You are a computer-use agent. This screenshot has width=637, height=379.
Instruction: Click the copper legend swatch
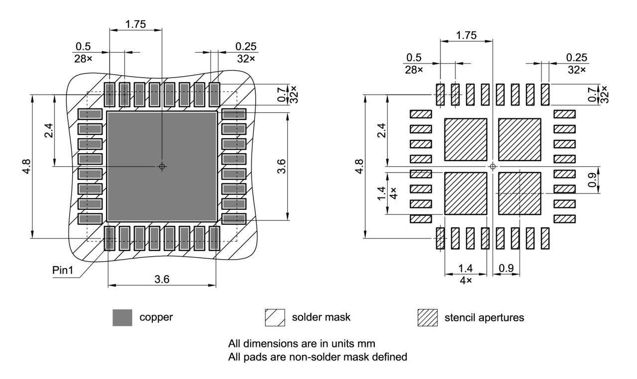coord(122,317)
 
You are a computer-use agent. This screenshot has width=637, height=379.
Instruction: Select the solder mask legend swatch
coord(275,317)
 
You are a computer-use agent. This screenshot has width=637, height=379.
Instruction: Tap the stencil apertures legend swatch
coord(427,317)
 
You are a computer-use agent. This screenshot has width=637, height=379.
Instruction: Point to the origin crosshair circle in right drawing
coord(493,166)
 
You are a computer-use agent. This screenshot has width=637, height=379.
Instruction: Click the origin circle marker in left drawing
coord(162,166)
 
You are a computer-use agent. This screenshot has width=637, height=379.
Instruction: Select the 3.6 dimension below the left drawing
coord(162,279)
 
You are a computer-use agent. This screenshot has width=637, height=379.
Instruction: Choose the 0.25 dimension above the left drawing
coord(246,46)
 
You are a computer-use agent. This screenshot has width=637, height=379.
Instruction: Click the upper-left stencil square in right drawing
coord(465,139)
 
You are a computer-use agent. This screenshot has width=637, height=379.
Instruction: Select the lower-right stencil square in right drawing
coord(519,193)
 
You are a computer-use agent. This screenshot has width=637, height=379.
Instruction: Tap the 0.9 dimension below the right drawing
coord(507,268)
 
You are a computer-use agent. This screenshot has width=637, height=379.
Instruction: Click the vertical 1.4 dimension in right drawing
coord(382,193)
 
